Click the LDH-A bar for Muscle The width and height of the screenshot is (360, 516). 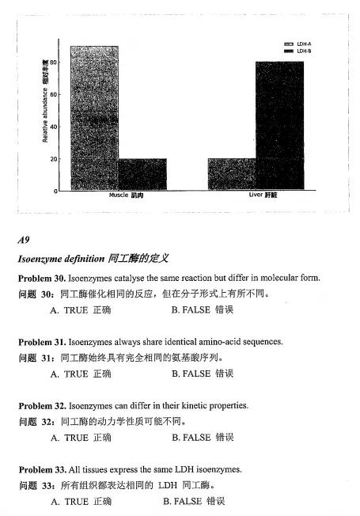94,119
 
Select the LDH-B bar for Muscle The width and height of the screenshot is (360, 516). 142,174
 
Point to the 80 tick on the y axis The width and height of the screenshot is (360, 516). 54,62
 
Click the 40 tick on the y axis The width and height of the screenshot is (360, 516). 54,127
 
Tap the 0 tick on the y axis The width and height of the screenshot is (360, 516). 56,191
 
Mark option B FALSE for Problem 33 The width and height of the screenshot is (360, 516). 194,501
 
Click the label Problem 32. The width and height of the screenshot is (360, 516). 41,405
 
